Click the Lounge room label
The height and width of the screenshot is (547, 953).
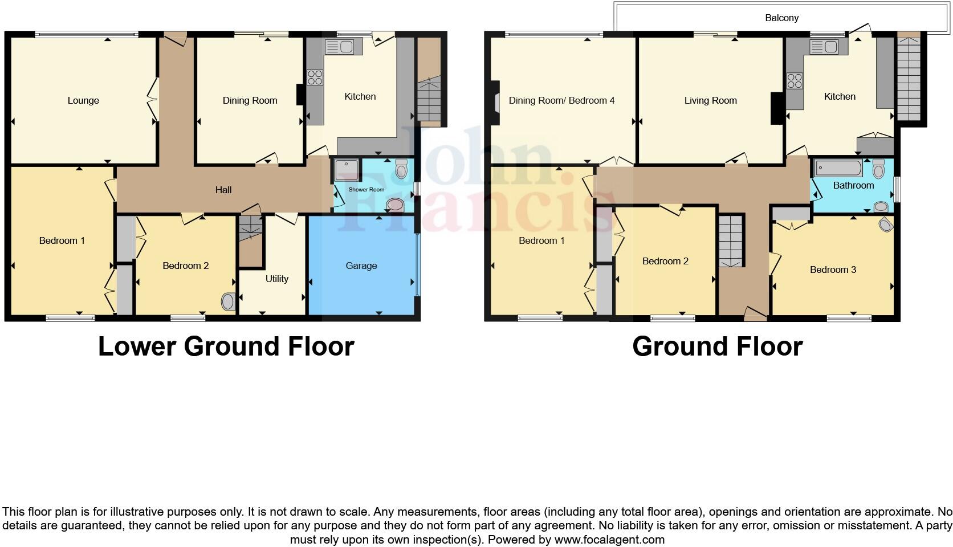[83, 101]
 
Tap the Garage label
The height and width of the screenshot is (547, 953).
[361, 266]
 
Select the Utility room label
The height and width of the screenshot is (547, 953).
[276, 279]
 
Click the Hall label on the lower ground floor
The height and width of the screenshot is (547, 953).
[223, 190]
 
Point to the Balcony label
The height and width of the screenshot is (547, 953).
[781, 18]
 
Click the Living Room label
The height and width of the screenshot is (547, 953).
[710, 101]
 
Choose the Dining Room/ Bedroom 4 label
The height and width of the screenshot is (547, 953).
[561, 101]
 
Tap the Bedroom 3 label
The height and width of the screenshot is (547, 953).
[833, 270]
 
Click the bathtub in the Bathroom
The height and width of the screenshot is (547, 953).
[838, 168]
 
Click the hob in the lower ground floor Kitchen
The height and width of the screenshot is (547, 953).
[315, 77]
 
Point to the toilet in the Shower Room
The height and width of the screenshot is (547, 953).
[401, 169]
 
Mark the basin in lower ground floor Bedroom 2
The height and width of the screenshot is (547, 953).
[228, 302]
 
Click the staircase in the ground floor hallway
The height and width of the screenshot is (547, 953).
[731, 241]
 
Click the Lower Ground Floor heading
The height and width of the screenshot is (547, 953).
[226, 346]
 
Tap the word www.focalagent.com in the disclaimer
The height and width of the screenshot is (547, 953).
[609, 540]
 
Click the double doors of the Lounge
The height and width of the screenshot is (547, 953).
[153, 100]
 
